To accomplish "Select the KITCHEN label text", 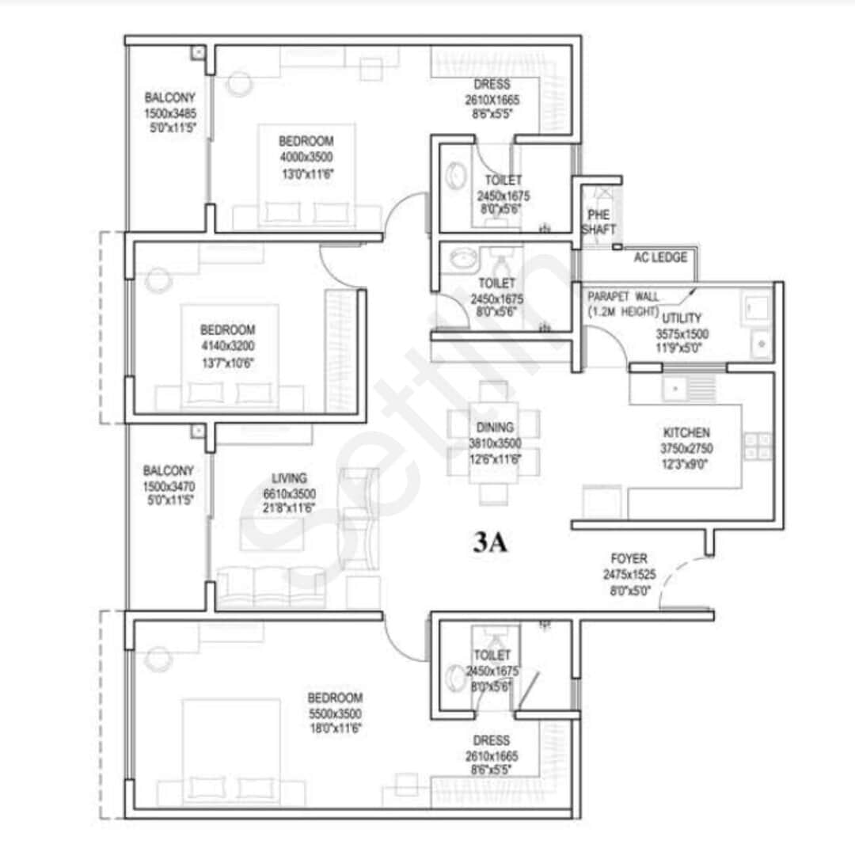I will tap(686, 433).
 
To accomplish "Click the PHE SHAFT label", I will tap(598, 222).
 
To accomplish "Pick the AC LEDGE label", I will tap(660, 257).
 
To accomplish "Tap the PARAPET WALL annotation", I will tap(623, 296).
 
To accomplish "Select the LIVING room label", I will tap(289, 478).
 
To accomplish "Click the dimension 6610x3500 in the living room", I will tap(289, 493).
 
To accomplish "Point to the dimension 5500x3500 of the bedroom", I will tap(335, 713).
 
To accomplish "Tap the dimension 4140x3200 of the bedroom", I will tap(227, 345).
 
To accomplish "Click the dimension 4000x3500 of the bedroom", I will tap(306, 157).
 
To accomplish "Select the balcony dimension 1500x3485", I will tap(169, 113).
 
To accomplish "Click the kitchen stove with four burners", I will tap(758, 446).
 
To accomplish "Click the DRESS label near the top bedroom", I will tap(492, 85).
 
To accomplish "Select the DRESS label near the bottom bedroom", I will tap(492, 740).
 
